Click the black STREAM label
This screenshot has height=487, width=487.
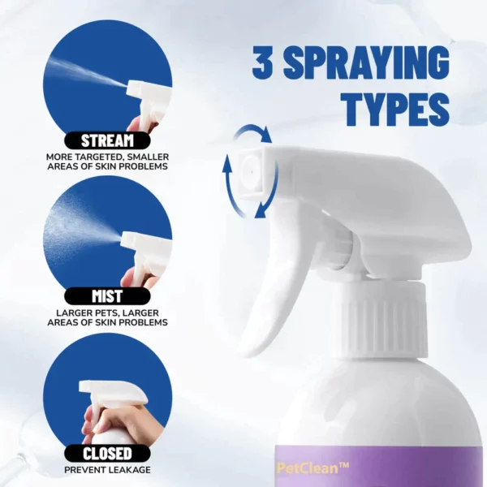pos(107,140)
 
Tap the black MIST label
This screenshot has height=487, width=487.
pos(107,296)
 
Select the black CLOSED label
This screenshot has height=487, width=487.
pos(107,454)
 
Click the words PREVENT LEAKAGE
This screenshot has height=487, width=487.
pos(107,470)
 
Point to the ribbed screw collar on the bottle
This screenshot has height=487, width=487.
pos(385,321)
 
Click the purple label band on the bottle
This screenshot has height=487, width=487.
pos(381,467)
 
